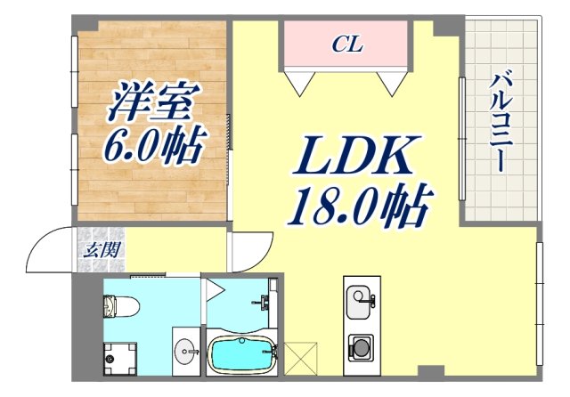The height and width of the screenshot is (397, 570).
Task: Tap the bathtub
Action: point(241,355)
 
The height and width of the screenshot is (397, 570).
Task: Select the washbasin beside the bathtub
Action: point(184,350)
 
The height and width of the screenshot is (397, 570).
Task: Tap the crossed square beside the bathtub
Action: point(299,359)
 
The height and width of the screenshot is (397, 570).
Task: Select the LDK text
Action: point(353,161)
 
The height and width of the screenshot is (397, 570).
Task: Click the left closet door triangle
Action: point(300,82)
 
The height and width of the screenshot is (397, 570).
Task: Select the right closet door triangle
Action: point(393,82)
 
